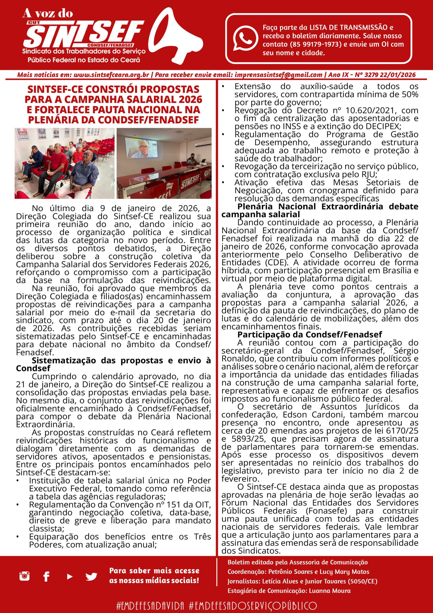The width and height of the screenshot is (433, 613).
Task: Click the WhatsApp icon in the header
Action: tap(245, 39)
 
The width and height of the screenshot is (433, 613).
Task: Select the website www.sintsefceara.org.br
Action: tap(111, 75)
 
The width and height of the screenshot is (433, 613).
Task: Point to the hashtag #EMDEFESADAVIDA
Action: tap(150, 606)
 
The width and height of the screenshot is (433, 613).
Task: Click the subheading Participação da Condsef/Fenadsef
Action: tap(310, 335)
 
